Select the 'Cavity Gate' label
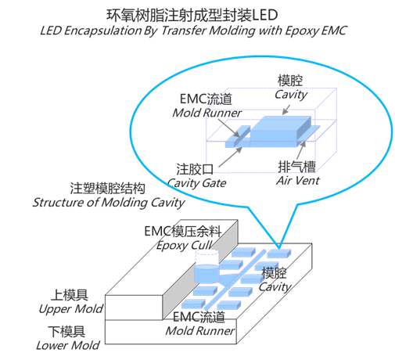click(196, 182)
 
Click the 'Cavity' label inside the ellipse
click(291, 95)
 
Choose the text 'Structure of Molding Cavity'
click(108, 203)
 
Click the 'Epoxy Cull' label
click(183, 245)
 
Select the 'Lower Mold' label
click(67, 344)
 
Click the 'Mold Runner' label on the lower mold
click(199, 330)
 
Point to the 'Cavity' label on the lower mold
click(275, 286)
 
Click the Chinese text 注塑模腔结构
click(107, 189)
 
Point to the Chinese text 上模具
click(70, 295)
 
